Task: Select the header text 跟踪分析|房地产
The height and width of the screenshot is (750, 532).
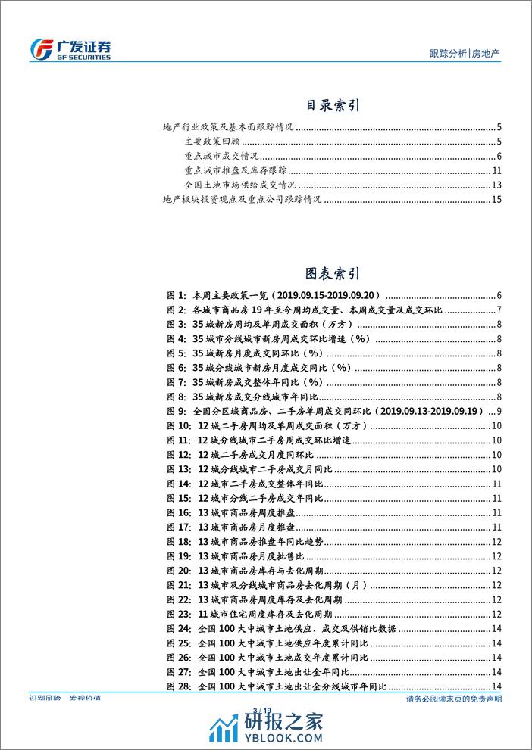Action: point(464,53)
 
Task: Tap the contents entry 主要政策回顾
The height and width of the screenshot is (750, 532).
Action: point(211,142)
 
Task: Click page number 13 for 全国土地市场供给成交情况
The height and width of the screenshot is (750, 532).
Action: point(497,185)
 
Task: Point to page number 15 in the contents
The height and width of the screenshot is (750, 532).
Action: point(497,199)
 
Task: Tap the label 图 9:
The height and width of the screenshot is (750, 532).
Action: point(175,411)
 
